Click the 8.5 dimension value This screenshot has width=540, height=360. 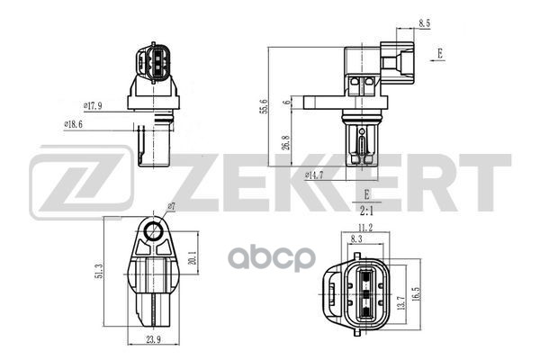point(424,23)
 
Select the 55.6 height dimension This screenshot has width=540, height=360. point(264,106)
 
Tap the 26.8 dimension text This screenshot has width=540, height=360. point(286,142)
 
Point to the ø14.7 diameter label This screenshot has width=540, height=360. point(314,175)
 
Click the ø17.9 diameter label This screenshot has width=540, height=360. point(93,106)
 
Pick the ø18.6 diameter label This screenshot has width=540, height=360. point(74,124)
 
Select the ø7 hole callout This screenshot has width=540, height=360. point(172,206)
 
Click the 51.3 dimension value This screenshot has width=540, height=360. point(100,271)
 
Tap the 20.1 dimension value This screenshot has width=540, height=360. point(193,257)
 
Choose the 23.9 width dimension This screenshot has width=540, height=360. point(154,339)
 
